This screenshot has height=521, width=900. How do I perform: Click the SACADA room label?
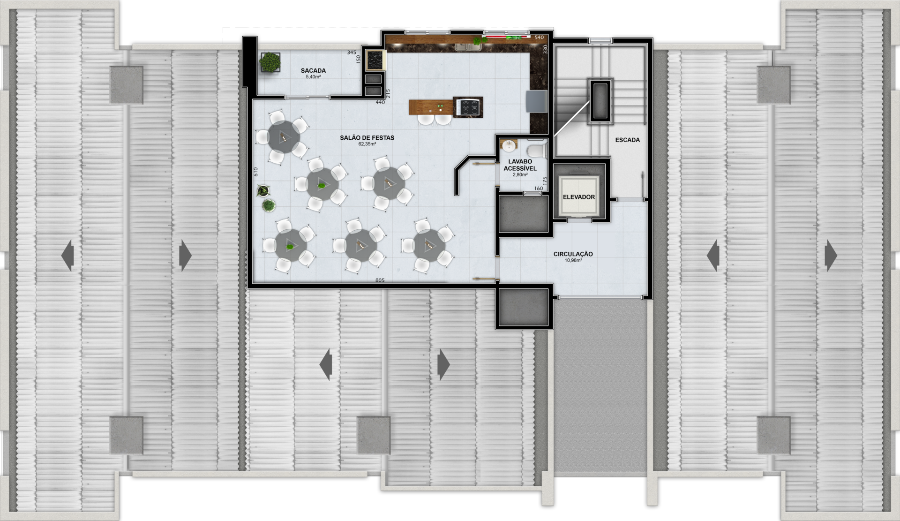(313, 71)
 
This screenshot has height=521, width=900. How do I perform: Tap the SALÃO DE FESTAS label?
(367, 138)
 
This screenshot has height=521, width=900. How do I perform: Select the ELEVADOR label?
(579, 197)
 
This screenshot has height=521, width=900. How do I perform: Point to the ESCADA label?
(627, 140)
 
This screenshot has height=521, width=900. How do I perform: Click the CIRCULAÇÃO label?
(573, 254)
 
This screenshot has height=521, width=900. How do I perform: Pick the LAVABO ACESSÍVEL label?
(520, 165)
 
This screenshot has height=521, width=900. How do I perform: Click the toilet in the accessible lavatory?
(535, 150)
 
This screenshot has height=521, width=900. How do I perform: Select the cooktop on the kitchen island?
(468, 107)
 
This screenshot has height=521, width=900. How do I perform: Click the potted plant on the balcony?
(270, 62)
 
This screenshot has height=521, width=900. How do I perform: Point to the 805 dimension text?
(380, 280)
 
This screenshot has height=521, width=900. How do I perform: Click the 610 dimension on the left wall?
(256, 172)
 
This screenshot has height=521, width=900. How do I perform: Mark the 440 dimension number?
(380, 102)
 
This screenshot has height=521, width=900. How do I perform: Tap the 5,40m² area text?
(313, 77)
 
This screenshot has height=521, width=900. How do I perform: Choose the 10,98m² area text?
(573, 260)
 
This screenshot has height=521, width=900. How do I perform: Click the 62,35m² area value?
(367, 144)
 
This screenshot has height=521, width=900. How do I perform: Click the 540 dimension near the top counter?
(539, 38)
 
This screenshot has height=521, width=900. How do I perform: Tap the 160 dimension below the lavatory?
(539, 189)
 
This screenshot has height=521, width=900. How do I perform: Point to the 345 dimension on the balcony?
(352, 53)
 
